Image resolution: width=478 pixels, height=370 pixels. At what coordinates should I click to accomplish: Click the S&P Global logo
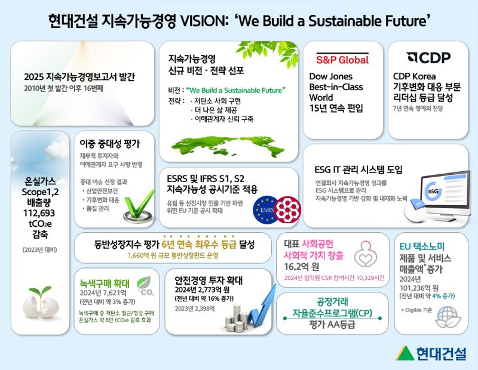342,60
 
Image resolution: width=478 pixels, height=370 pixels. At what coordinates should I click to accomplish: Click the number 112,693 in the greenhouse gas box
40,212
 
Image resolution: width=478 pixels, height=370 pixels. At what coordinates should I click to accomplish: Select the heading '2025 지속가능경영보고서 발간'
80,77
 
